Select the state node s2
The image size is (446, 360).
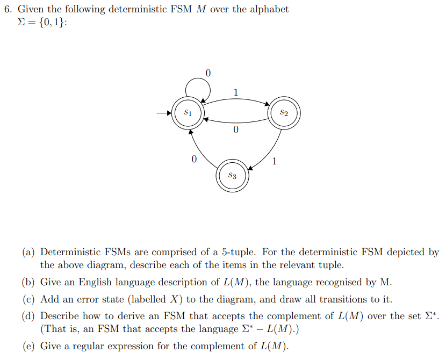284,113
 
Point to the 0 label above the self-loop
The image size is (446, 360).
208,73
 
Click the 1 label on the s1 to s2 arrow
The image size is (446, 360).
236,92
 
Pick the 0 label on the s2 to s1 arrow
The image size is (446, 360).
236,130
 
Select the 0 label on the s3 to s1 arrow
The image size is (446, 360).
194,160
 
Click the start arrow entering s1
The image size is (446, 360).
163,113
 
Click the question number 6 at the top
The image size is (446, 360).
7,9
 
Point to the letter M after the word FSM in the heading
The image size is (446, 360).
202,9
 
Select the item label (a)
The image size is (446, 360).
29,252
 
